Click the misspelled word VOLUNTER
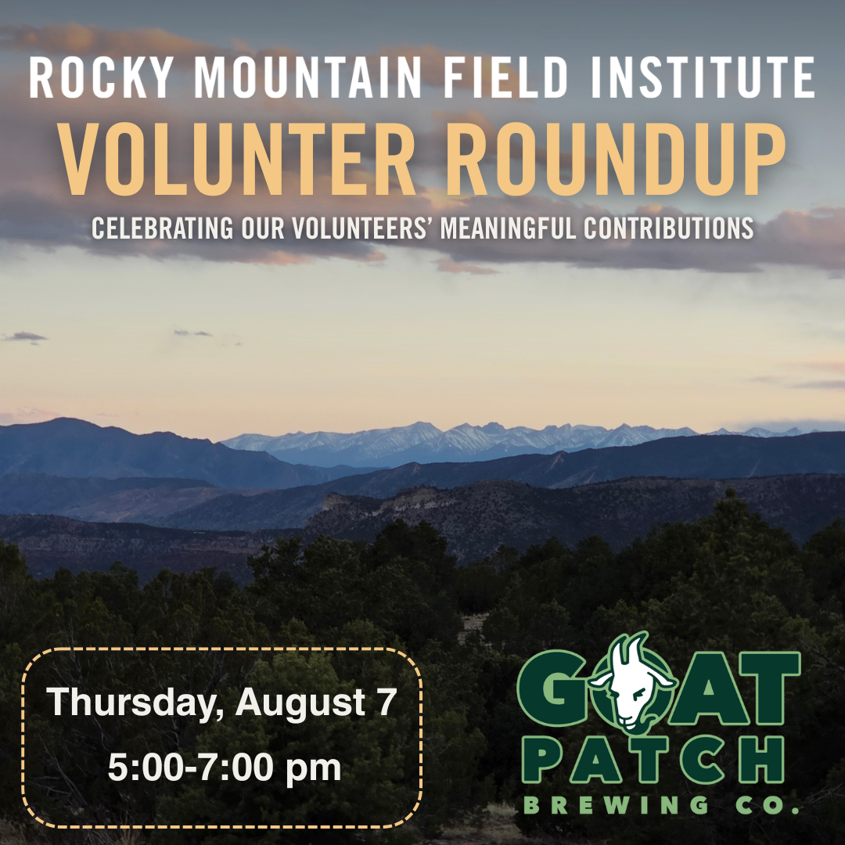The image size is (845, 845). coord(237,160)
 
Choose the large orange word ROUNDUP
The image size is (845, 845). coord(615,160)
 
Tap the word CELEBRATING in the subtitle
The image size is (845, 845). coord(162,228)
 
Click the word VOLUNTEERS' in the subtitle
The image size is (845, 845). coord(363,228)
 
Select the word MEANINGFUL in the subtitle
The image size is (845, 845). coord(508,228)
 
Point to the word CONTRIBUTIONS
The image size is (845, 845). coord(668,228)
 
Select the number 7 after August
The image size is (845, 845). coord(387,702)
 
